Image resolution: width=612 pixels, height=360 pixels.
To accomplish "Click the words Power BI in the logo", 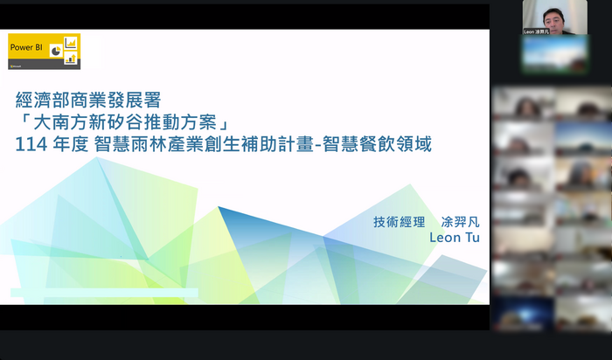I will (x=26, y=48).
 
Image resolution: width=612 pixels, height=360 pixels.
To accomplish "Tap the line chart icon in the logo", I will (x=71, y=43).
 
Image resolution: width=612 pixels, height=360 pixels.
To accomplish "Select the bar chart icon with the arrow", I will (x=71, y=59).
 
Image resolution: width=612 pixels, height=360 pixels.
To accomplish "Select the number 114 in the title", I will (x=30, y=145).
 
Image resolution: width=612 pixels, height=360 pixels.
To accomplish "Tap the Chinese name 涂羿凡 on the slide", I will (x=461, y=222).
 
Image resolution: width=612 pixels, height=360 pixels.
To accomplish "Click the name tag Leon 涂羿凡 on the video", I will (x=542, y=31).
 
